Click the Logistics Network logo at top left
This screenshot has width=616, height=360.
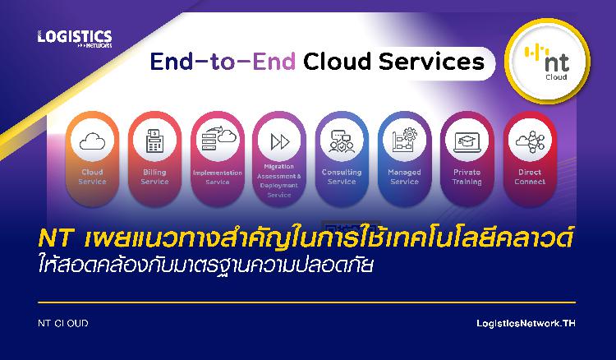pos(75,39)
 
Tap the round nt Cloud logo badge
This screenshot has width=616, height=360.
pos(547,62)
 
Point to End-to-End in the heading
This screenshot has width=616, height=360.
pos(223,62)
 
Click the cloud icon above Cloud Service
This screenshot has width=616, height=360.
pos(92,141)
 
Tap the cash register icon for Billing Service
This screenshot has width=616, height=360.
pos(154,141)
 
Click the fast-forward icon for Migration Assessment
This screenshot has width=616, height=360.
pos(280,141)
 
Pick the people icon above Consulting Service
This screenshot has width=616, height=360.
pos(342,141)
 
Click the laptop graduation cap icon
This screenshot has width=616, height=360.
pos(467,142)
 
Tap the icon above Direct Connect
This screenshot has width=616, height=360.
pos(530,141)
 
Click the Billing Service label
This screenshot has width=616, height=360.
pos(154,177)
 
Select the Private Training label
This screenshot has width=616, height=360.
pos(467,177)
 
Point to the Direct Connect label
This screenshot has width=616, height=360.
pos(530,177)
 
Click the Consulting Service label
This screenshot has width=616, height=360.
pos(342,177)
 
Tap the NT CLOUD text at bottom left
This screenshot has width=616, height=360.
pos(63,324)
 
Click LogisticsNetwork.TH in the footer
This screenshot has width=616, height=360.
pos(526,324)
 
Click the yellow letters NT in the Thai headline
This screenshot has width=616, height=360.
pos(55,238)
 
